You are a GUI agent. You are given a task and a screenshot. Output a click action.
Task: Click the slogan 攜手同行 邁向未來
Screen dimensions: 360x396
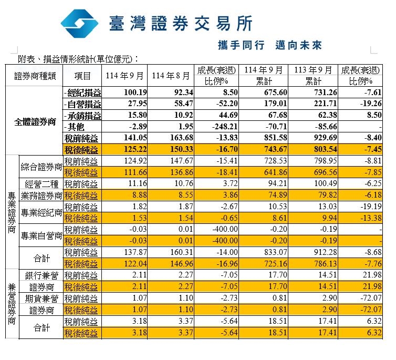269,45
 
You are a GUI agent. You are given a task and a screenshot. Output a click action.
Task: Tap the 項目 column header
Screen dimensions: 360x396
83,76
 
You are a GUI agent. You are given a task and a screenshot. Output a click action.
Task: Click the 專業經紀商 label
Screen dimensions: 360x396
41,213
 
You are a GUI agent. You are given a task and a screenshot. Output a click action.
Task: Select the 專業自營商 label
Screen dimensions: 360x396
41,236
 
